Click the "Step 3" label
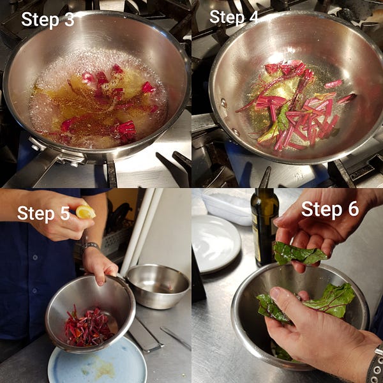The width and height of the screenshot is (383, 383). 48,19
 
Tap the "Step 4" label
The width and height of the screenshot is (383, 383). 234,17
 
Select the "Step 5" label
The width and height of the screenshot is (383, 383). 43,213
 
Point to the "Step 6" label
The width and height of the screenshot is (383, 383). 330,209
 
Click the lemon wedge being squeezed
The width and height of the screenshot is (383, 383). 85,212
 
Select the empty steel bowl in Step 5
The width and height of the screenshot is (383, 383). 158,286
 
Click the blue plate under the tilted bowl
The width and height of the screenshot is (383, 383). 97,361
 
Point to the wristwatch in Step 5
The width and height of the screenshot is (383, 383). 90,245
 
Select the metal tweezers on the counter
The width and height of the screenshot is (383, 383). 176,338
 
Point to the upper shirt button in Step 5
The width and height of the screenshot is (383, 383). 35,257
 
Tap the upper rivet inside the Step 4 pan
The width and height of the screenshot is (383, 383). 223,103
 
